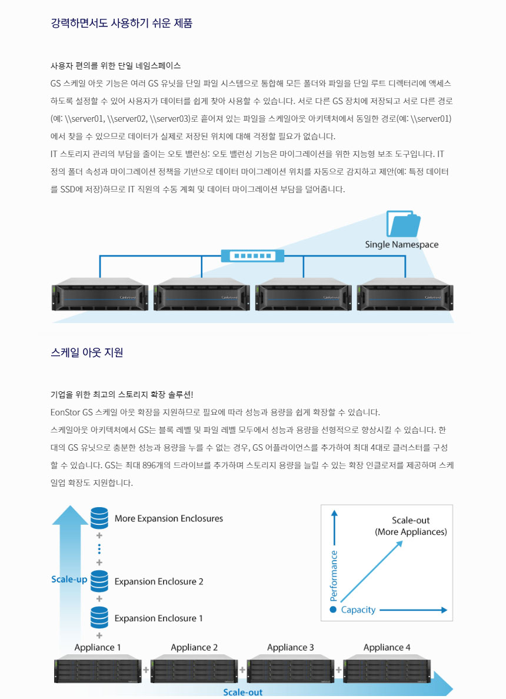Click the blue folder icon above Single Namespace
coord(403,224)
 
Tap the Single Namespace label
coord(401,245)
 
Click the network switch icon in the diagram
coord(252,256)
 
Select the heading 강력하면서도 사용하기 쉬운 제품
coord(122,24)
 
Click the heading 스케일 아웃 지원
coord(87,352)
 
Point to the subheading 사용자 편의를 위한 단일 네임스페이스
coord(116,65)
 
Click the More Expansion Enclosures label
coord(169,518)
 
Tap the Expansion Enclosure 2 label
coord(159,581)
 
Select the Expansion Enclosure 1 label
coord(159,618)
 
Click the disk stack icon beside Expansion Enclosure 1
coord(99,617)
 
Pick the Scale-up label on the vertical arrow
coord(69,579)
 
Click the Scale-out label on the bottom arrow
coord(243,692)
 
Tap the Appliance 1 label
coord(98,647)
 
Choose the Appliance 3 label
coord(291,647)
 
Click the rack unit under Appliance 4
coord(387,670)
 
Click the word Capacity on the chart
coord(358,610)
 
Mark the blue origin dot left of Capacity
coord(333,610)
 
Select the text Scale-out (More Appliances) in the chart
coord(411,526)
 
